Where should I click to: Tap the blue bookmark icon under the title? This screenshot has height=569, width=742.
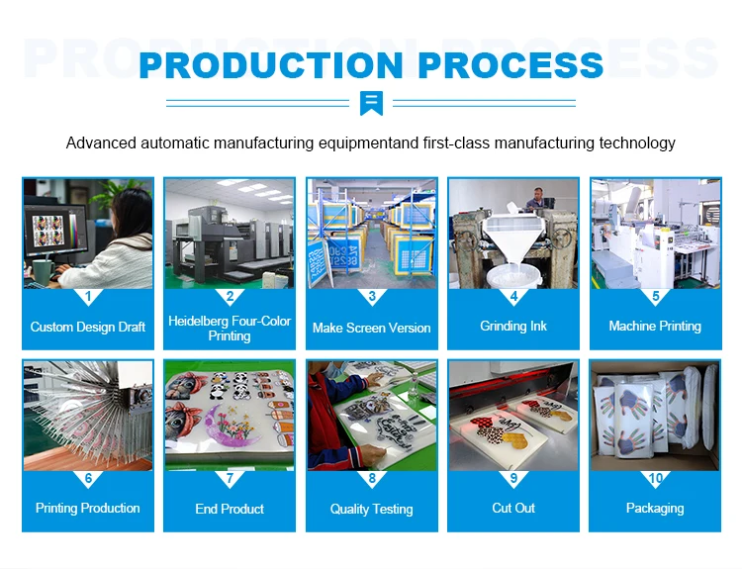[x=372, y=102]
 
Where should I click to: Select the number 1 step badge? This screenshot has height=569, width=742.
[x=88, y=296]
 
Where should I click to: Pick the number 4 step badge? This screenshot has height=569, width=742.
[x=513, y=296]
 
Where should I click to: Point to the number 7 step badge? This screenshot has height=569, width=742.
[x=230, y=478]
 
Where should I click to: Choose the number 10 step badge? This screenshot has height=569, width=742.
[x=655, y=478]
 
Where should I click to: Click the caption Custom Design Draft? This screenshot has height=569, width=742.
[x=88, y=327]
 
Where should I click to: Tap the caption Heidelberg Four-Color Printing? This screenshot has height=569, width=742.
[x=230, y=329]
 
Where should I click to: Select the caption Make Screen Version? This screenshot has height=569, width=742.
[x=372, y=328]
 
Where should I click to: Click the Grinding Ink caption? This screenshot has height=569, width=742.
[x=513, y=327]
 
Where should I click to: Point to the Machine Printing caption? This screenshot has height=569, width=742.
[x=655, y=327]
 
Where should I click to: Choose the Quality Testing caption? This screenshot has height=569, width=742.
[x=372, y=509]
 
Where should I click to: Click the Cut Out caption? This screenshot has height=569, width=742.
[x=513, y=508]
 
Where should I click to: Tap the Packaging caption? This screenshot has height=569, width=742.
[x=655, y=508]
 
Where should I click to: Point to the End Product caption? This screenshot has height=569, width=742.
[x=230, y=509]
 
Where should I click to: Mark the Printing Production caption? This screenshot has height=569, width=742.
[x=88, y=508]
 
